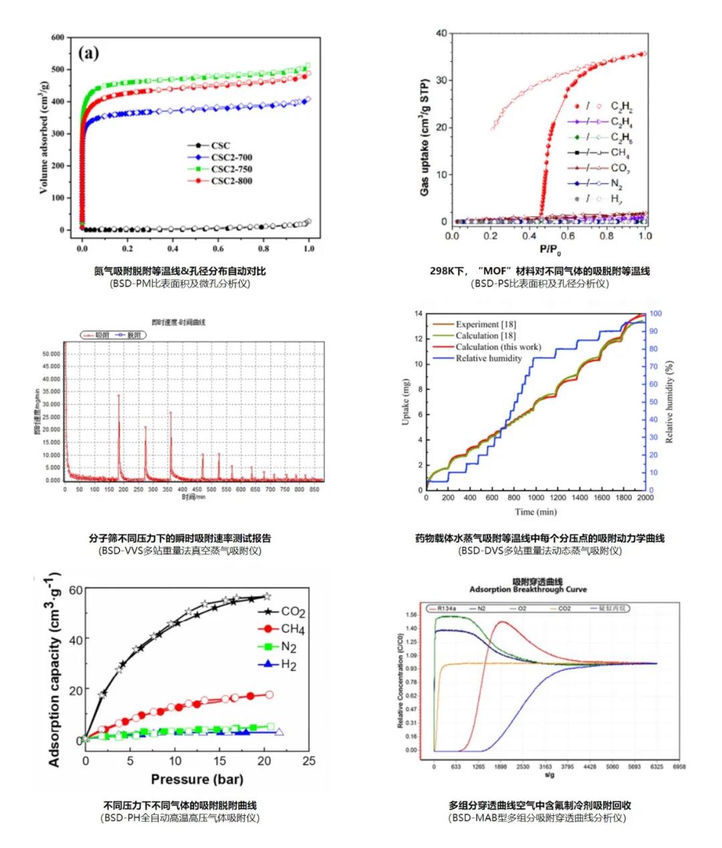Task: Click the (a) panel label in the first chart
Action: [88, 54]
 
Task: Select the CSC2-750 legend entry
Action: [231, 169]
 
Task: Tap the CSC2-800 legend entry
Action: [231, 181]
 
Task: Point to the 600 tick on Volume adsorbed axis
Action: [57, 37]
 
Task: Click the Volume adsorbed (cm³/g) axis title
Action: [44, 134]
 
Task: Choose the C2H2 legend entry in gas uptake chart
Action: [621, 107]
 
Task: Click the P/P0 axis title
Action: [549, 251]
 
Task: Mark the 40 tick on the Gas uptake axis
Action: [441, 33]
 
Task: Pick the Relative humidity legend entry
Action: [489, 359]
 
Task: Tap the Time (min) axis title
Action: [534, 512]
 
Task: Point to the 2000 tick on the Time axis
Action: [645, 498]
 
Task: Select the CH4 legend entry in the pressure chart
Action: [293, 629]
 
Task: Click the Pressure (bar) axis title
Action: [197, 779]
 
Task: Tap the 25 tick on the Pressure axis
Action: [308, 761]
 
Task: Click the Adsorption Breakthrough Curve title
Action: [527, 589]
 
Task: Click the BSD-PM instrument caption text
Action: [180, 283]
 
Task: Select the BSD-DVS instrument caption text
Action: [539, 551]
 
